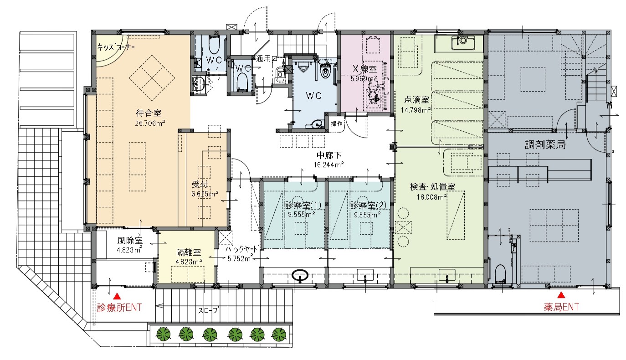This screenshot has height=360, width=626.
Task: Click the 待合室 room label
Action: point(149,113)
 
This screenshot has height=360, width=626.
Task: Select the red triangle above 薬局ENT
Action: point(561,295)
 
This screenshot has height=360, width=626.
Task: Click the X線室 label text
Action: point(364,69)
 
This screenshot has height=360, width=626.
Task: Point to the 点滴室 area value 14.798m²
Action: point(416,110)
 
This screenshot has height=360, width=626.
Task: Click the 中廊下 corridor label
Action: point(329,155)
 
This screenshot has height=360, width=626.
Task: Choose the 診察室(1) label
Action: point(303,206)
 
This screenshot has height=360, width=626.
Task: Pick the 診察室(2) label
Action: point(368,206)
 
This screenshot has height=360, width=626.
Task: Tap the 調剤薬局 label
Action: point(545,145)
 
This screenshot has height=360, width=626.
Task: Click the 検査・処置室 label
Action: point(432,186)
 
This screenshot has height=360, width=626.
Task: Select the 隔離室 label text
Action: point(189,252)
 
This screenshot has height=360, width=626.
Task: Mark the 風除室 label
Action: point(130,240)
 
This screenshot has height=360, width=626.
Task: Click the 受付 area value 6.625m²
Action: point(205,194)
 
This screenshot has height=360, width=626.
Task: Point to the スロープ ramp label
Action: point(209,310)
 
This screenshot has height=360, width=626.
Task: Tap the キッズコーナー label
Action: point(116,47)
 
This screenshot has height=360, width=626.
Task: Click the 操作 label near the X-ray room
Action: point(337,124)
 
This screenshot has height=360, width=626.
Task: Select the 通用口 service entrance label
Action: point(267,59)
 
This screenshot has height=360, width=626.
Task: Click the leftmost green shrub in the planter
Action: point(163,334)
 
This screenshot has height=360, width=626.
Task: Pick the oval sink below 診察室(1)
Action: point(300,275)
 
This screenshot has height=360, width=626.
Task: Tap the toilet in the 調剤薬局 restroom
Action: point(500,273)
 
